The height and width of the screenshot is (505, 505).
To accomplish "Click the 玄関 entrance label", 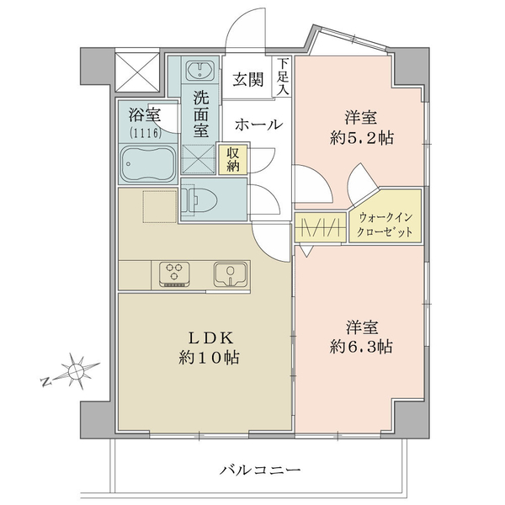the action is pyautogui.click(x=248, y=80).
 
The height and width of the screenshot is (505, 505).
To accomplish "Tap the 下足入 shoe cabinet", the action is pyautogui.click(x=282, y=77).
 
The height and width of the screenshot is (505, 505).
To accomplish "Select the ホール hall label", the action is pyautogui.click(x=258, y=125).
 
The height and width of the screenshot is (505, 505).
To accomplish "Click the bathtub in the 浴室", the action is pyautogui.click(x=148, y=163).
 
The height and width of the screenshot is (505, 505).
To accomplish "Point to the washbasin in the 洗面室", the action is pyautogui.click(x=200, y=70).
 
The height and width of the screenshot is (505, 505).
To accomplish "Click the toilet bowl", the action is pyautogui.click(x=199, y=200).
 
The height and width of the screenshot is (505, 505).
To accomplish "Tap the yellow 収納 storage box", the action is pyautogui.click(x=233, y=159).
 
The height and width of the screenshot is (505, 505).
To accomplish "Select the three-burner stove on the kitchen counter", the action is pyautogui.click(x=174, y=274).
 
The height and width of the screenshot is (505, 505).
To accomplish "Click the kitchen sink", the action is pyautogui.click(x=231, y=274).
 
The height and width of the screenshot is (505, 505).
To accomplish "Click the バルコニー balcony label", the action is pyautogui.click(x=259, y=470).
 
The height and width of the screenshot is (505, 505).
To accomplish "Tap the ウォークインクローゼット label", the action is pyautogui.click(x=385, y=225).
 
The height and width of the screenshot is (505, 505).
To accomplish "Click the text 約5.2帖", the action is pyautogui.click(x=361, y=138).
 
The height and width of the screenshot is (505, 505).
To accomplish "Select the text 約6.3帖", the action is pyautogui.click(x=361, y=347).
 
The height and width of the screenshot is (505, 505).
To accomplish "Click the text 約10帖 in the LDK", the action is pyautogui.click(x=209, y=357).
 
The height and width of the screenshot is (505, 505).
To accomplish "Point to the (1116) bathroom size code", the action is pyautogui.click(x=146, y=132).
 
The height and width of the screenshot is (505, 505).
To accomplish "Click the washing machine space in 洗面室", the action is pyautogui.click(x=199, y=159).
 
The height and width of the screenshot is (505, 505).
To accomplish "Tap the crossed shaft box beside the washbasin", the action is pyautogui.click(x=137, y=72).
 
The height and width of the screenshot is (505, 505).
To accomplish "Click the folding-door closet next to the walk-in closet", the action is pyautogui.click(x=321, y=227).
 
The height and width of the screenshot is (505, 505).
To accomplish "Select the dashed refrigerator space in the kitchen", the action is pyautogui.click(x=160, y=206).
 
